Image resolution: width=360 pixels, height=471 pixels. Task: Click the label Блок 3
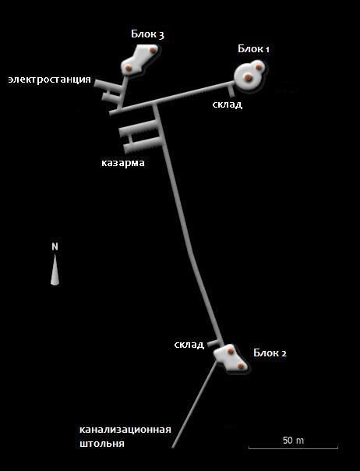tap(147, 34)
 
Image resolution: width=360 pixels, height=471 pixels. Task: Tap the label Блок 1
tap(253, 48)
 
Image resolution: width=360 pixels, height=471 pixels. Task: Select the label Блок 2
tap(270, 352)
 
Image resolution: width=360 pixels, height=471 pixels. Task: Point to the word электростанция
tap(50, 80)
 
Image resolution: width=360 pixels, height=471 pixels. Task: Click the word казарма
tap(123, 163)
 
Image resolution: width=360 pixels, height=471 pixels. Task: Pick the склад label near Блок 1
tap(228, 104)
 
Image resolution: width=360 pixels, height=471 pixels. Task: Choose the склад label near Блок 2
tap(189, 344)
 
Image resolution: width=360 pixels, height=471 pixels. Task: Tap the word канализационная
tap(125, 430)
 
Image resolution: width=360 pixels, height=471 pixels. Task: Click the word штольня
tap(102, 444)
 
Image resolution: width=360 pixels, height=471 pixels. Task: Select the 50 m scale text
tap(293, 441)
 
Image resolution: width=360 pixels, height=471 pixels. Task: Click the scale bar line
tap(293, 448)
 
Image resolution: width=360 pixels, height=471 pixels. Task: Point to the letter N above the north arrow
tap(55, 246)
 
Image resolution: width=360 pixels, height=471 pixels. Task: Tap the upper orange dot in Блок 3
tap(153, 50)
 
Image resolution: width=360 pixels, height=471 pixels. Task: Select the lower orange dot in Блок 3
tap(129, 68)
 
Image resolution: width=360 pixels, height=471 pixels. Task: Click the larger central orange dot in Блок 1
tap(248, 77)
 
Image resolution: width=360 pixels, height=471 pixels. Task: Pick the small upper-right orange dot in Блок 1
tap(258, 67)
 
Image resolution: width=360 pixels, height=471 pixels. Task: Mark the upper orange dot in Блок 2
tap(230, 351)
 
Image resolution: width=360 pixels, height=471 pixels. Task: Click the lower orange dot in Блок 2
tap(240, 366)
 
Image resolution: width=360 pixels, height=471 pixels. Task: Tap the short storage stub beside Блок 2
tap(214, 342)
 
